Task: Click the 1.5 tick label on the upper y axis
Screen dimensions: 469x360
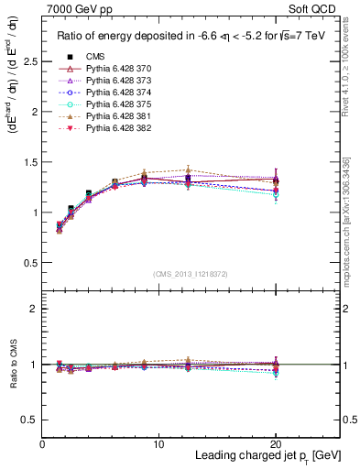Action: (30, 162)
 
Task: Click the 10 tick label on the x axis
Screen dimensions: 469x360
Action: (158, 444)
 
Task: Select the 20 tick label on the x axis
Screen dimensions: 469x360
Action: (277, 444)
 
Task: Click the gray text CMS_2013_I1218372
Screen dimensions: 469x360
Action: (191, 274)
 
